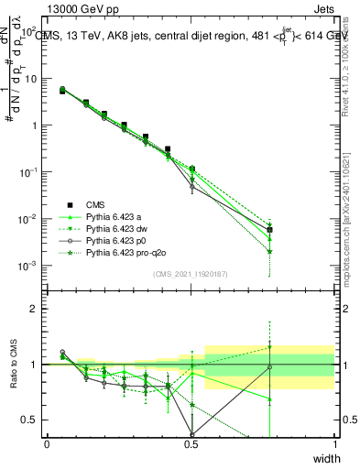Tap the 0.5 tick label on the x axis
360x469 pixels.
pyautogui.click(x=191, y=445)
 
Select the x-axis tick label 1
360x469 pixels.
pyautogui.click(x=335, y=445)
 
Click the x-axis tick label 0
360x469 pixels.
pyautogui.click(x=47, y=445)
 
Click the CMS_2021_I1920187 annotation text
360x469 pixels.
pyautogui.click(x=191, y=274)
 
